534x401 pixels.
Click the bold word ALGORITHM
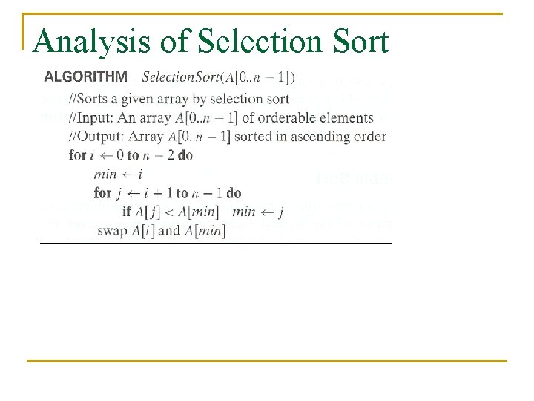[86, 76]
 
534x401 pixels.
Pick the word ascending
[323, 137]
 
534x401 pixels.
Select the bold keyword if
[126, 212]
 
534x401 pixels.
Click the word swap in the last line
[112, 230]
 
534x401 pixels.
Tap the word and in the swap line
[169, 230]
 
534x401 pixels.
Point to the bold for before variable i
[77, 155]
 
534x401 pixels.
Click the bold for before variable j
[102, 193]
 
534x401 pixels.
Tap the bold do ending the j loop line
[234, 193]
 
